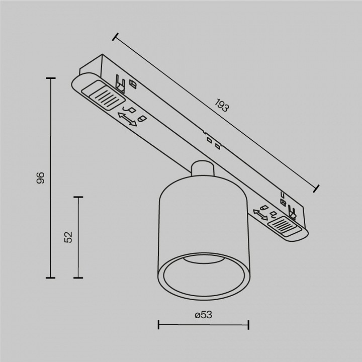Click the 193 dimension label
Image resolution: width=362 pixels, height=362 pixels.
coord(222,105)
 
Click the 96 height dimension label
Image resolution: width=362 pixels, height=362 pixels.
coord(40,177)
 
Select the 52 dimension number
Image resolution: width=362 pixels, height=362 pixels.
coord(68,237)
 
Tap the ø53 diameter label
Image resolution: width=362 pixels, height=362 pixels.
coord(203,315)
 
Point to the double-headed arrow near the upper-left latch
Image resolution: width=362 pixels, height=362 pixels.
coord(127,119)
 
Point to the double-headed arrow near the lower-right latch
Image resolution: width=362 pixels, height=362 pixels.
coord(260,215)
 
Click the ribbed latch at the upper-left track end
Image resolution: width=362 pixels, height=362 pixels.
coord(103,95)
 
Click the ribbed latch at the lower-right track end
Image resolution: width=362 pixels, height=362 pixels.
coord(285,226)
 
